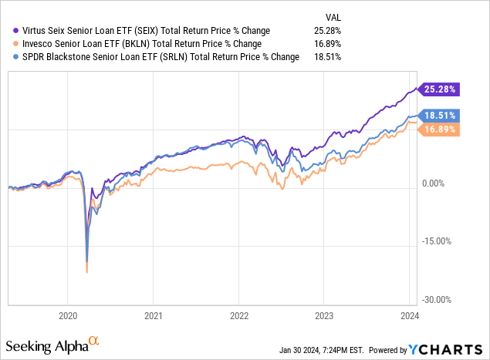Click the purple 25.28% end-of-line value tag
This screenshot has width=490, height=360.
coord(440,89)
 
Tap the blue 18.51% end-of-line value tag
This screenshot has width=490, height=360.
coord(440,115)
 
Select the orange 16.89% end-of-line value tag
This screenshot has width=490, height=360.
coord(440,130)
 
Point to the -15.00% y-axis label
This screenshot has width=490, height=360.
coord(438,241)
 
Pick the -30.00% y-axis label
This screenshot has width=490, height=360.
coord(438,300)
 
